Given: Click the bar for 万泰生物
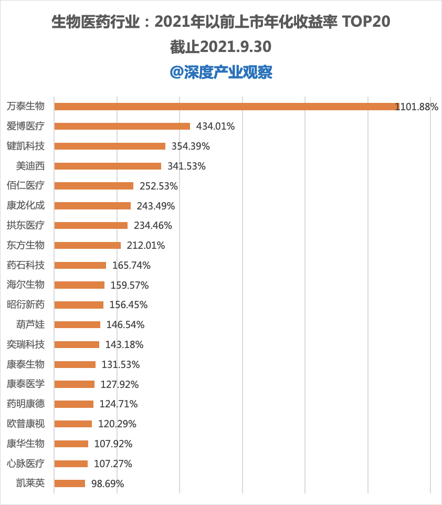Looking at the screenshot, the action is coord(227,106).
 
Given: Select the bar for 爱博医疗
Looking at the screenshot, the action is coord(122,126).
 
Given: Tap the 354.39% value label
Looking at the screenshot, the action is coord(191,146).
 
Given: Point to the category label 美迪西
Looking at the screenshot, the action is coord(30,166).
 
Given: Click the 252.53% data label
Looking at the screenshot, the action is coord(159,186).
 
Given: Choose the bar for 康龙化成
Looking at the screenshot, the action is coord(92,206).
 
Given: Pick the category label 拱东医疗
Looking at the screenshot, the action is coord(25,225).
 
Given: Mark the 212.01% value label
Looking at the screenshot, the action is coord(145,246).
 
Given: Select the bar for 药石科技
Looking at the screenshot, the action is coord(80,266).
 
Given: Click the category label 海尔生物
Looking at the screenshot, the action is coord(25,285).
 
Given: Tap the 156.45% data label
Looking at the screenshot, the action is coord(129,304).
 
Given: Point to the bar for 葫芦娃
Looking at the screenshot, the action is coord(77,324).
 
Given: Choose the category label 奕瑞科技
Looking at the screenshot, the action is coord(25,344).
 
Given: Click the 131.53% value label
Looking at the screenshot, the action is coord(121,365).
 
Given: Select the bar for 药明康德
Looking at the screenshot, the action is coord(74,404).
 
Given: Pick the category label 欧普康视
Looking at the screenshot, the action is coord(25,424).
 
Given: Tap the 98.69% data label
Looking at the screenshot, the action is coord(108,483).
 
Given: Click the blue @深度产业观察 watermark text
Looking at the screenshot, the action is coord(221,72).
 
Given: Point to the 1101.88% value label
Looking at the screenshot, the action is coord(417,107).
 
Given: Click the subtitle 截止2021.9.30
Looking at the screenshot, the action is coord(221,47).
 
